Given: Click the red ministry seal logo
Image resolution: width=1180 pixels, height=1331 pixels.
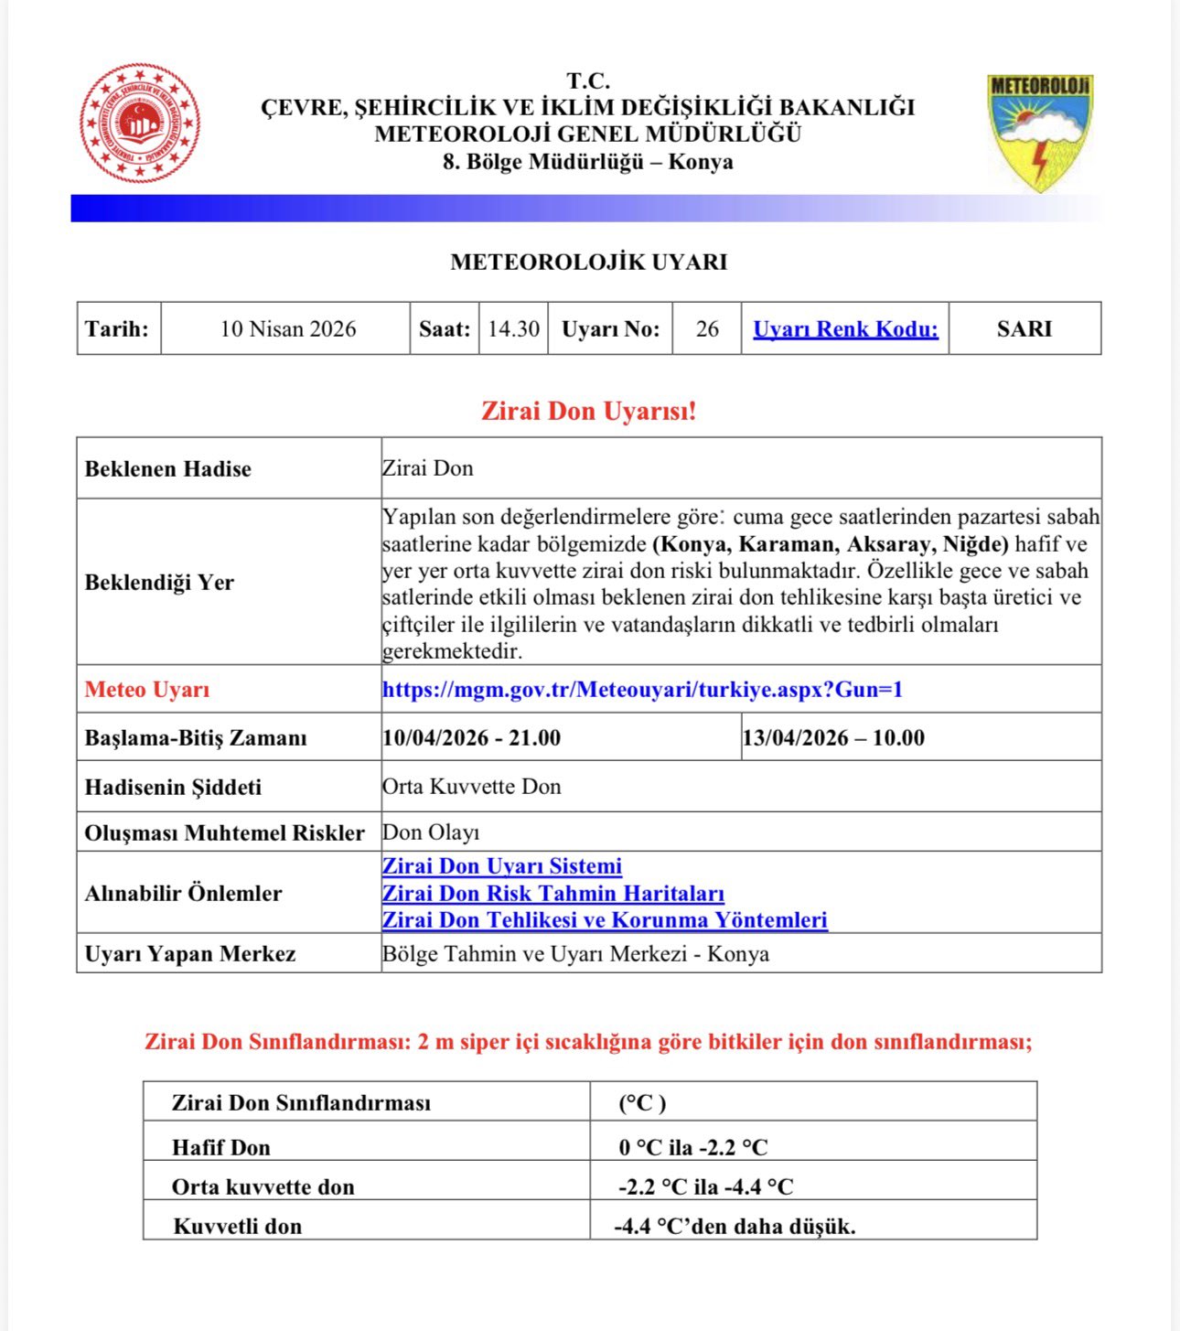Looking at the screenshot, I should (x=140, y=123).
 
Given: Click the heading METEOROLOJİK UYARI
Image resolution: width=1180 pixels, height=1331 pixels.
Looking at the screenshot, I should (x=588, y=263).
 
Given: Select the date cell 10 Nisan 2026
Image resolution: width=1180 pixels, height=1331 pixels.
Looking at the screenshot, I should (x=287, y=329).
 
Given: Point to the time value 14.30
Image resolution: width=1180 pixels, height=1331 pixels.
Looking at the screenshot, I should (x=513, y=329).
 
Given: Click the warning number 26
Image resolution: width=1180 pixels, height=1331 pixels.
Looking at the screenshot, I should (x=707, y=329).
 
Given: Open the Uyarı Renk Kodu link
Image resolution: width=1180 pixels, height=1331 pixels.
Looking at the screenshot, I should (x=845, y=329).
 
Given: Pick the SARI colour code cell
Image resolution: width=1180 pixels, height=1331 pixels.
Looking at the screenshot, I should (x=1024, y=329).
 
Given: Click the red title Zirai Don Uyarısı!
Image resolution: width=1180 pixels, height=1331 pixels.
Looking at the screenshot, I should (x=588, y=411).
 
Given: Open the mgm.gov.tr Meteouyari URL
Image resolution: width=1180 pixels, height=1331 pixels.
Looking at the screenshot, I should (x=642, y=690).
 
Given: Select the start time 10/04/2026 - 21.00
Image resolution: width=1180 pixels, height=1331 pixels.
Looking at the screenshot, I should (x=471, y=738).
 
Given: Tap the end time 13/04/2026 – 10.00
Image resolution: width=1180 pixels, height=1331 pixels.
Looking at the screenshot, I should (x=833, y=738).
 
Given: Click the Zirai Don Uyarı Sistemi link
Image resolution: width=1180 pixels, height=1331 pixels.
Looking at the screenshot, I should (x=501, y=866).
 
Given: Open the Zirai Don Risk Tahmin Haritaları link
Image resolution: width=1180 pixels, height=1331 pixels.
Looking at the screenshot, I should (x=552, y=894).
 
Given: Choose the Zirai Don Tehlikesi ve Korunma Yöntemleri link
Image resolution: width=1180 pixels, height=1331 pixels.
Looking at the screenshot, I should (x=605, y=920).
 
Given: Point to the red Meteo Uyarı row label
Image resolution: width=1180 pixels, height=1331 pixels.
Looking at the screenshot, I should (x=147, y=690).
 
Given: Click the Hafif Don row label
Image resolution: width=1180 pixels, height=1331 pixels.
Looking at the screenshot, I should (x=221, y=1147).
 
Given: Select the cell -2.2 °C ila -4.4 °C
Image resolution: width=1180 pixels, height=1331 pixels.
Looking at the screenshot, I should (x=705, y=1187).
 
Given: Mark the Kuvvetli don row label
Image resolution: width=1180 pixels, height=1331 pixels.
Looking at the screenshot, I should (x=237, y=1227).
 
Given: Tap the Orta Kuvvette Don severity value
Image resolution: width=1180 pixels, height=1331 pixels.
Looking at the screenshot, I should (x=471, y=787).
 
